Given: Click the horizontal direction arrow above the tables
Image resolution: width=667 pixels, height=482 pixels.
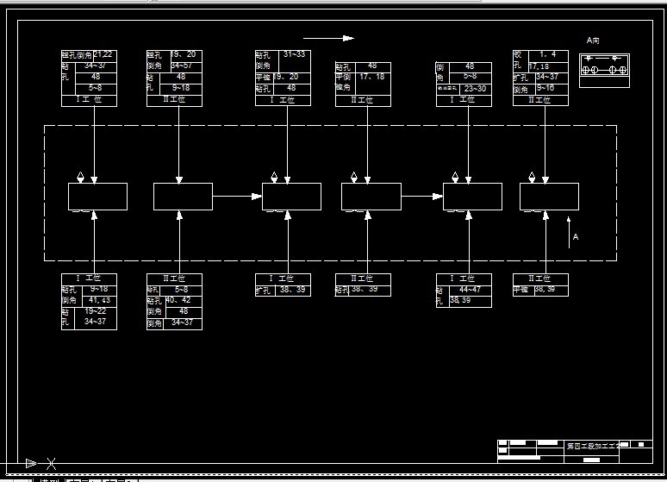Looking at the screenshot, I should point(328,38).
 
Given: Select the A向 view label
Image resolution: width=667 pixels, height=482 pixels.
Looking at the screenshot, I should point(592,40).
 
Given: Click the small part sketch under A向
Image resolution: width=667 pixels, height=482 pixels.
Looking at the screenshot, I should point(604,70).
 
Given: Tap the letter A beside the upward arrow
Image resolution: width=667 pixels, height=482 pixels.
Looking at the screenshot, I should point(576,236).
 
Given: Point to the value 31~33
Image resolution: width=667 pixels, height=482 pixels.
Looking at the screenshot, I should point(294,54).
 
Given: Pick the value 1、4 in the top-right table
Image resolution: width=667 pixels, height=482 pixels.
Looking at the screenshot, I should point(547,54).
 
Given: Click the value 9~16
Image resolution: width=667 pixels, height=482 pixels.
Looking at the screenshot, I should point(545,88).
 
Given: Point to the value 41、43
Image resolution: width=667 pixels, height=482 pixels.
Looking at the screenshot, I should point(99,300).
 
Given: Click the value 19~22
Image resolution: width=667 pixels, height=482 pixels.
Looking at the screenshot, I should point(96,311).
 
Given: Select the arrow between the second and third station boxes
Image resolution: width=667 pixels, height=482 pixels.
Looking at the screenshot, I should point(237,197).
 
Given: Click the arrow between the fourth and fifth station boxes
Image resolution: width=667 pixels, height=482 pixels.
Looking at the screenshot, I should point(422,197).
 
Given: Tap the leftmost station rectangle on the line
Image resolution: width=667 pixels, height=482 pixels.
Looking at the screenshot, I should point(97,197).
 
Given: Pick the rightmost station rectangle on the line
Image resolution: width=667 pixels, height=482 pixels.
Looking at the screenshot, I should point(549,197).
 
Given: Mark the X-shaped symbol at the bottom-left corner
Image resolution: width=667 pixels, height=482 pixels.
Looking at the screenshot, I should point(51,464).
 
